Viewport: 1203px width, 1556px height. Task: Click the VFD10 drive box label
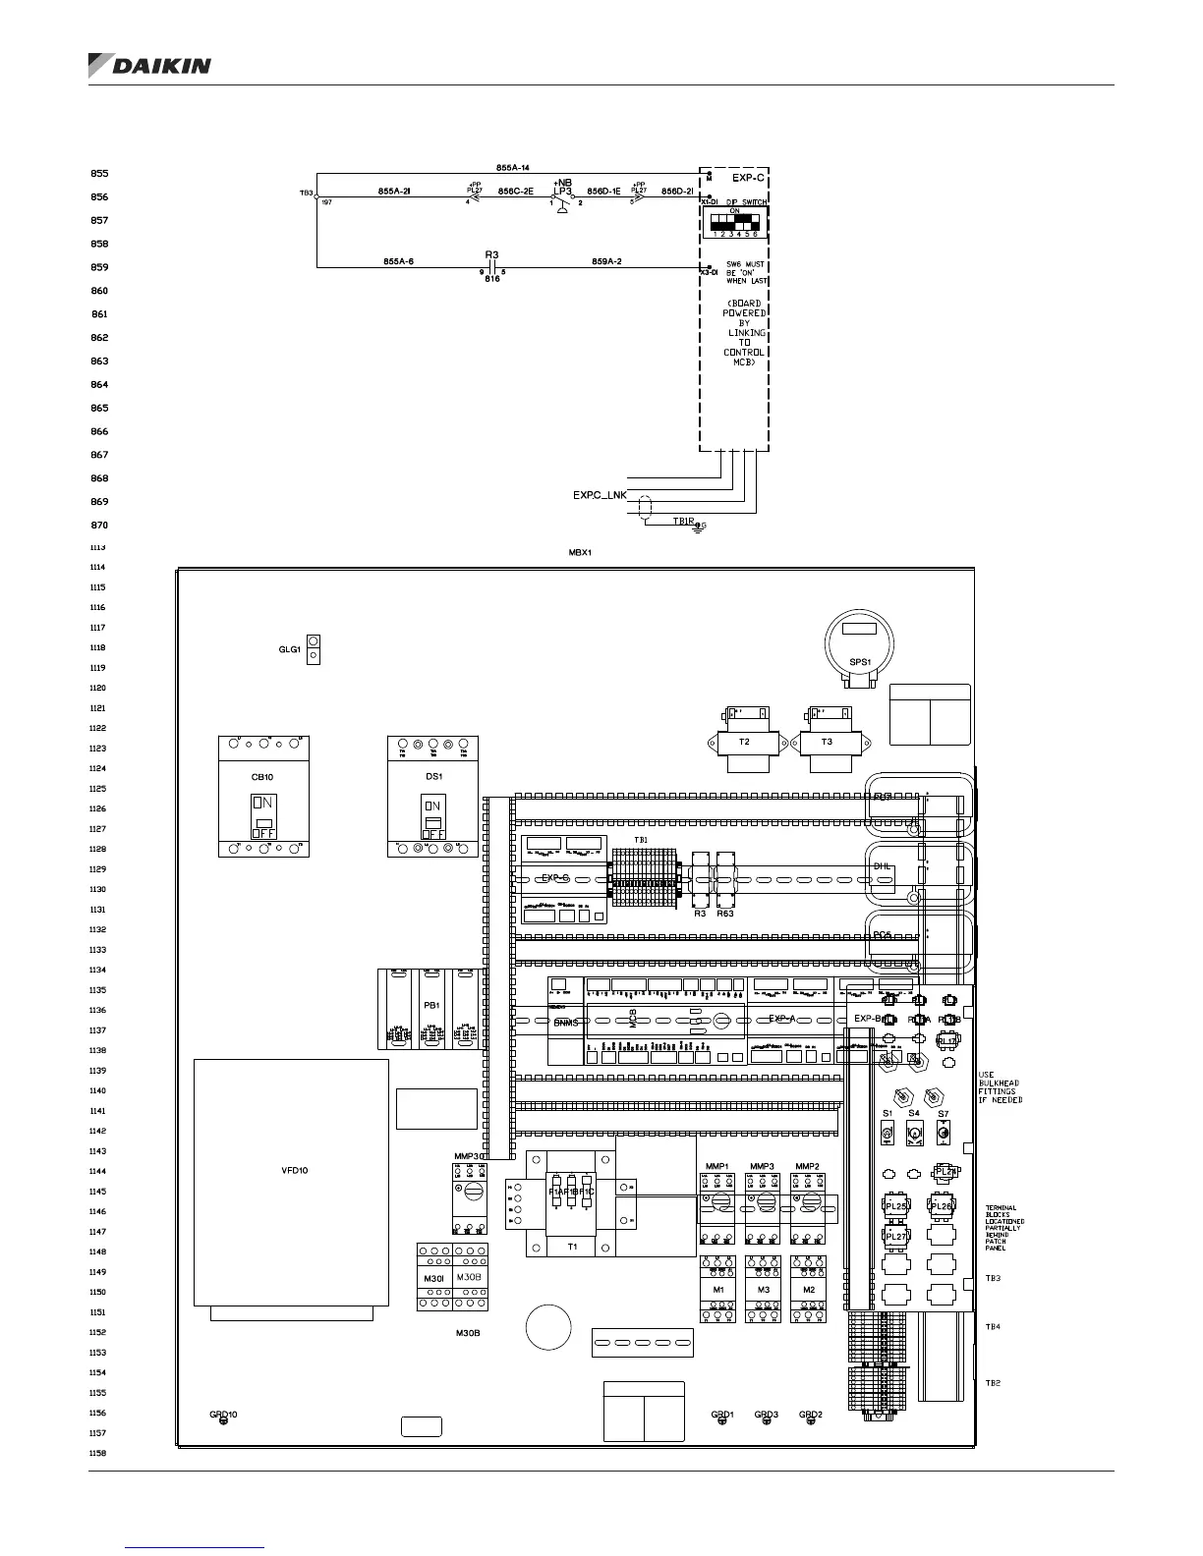pyautogui.click(x=295, y=1171)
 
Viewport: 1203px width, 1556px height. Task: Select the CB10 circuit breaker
pyautogui.click(x=263, y=796)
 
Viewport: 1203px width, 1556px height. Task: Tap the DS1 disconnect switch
pyautogui.click(x=433, y=796)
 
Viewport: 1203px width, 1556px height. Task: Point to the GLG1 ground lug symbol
pyautogui.click(x=314, y=649)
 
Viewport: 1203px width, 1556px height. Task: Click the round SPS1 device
pyautogui.click(x=860, y=644)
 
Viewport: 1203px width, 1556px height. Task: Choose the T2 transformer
pyautogui.click(x=744, y=743)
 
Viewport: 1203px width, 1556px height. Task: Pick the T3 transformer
pyautogui.click(x=827, y=743)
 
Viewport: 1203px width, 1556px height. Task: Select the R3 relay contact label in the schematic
pyautogui.click(x=492, y=254)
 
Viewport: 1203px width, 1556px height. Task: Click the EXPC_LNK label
pyautogui.click(x=600, y=496)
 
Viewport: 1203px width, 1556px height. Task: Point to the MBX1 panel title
pyautogui.click(x=580, y=553)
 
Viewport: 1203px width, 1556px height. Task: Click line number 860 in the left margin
pyautogui.click(x=99, y=291)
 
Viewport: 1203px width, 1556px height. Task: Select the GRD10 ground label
pyautogui.click(x=223, y=1415)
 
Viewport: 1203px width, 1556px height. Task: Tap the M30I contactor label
pyautogui.click(x=433, y=1277)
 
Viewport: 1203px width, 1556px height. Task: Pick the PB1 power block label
pyautogui.click(x=430, y=1006)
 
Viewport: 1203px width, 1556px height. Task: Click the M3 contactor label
pyautogui.click(x=764, y=1290)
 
